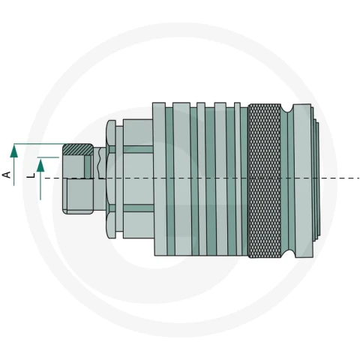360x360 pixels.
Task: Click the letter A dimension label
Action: [7, 175]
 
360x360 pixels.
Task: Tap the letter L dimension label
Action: [31, 175]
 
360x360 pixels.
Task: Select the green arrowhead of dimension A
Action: [14, 151]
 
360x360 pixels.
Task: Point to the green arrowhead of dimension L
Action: [40, 166]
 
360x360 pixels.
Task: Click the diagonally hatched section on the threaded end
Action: [78, 149]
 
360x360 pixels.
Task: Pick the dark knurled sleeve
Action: [264, 181]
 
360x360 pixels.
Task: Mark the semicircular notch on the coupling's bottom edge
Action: [287, 253]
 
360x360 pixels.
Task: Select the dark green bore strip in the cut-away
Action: [88, 167]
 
